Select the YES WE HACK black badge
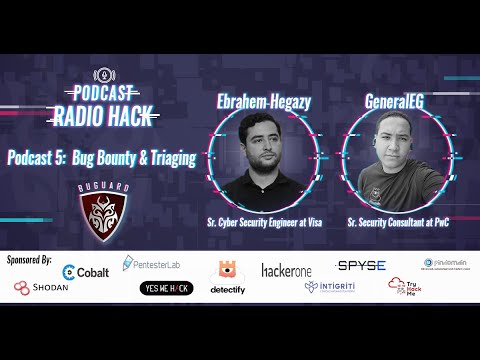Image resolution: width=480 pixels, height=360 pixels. [x=166, y=288]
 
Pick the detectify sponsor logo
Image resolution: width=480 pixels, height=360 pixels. [x=227, y=277]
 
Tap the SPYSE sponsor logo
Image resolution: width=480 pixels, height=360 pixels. [x=361, y=265]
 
